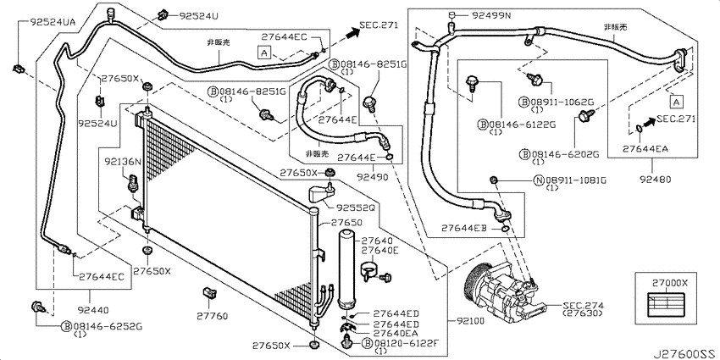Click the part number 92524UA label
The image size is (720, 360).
click(53, 21)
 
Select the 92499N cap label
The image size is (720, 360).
click(490, 15)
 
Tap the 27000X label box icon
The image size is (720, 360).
click(663, 302)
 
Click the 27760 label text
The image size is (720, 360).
click(213, 316)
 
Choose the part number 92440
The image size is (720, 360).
click(94, 310)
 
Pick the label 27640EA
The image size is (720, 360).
click(396, 332)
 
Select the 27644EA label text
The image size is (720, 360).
click(645, 148)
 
